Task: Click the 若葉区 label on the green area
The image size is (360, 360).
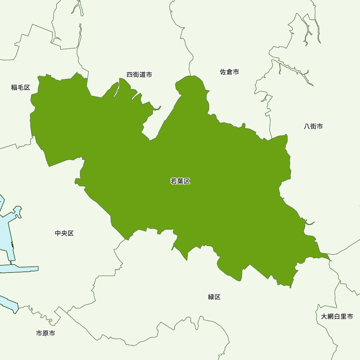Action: (180, 181)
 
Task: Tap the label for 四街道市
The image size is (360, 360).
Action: (139, 75)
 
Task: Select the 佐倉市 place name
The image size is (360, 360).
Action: (229, 72)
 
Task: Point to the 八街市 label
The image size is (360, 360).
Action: (313, 126)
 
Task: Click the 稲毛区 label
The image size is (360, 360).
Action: (21, 87)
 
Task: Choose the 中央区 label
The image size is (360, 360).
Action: (64, 233)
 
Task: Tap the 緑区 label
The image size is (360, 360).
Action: (214, 297)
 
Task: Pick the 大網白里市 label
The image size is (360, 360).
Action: (337, 316)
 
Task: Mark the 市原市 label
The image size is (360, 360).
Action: (46, 333)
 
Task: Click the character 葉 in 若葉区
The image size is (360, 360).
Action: (180, 181)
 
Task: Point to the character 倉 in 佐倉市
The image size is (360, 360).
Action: (229, 72)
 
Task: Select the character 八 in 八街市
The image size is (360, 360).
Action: (307, 126)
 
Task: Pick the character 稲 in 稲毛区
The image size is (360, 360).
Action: (14, 87)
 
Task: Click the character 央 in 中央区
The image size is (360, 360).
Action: (64, 233)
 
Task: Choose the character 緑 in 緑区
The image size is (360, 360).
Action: (211, 297)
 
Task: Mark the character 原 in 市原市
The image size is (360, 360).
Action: (46, 333)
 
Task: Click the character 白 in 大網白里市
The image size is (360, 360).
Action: (337, 316)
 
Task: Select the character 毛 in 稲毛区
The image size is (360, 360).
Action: (21, 87)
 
